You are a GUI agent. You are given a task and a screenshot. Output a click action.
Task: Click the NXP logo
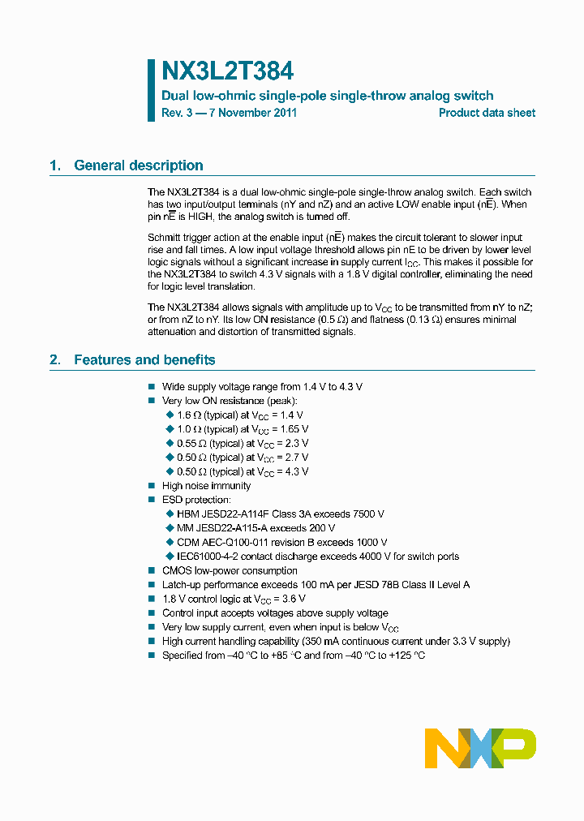tap(481, 748)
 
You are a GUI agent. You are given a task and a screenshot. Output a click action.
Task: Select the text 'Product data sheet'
tap(487, 113)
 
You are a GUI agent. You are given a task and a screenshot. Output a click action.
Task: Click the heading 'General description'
tap(138, 165)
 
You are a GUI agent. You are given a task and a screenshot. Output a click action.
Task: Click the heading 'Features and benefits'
tap(144, 359)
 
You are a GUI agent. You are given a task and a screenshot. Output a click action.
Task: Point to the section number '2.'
tap(55, 359)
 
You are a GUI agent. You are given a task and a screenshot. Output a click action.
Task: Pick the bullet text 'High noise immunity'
tap(206, 486)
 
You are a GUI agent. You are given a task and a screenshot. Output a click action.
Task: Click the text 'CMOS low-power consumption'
tap(230, 570)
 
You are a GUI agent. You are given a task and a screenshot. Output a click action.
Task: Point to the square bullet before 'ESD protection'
tap(151, 500)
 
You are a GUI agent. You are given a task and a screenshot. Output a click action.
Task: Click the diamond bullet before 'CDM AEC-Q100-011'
tap(170, 543)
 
